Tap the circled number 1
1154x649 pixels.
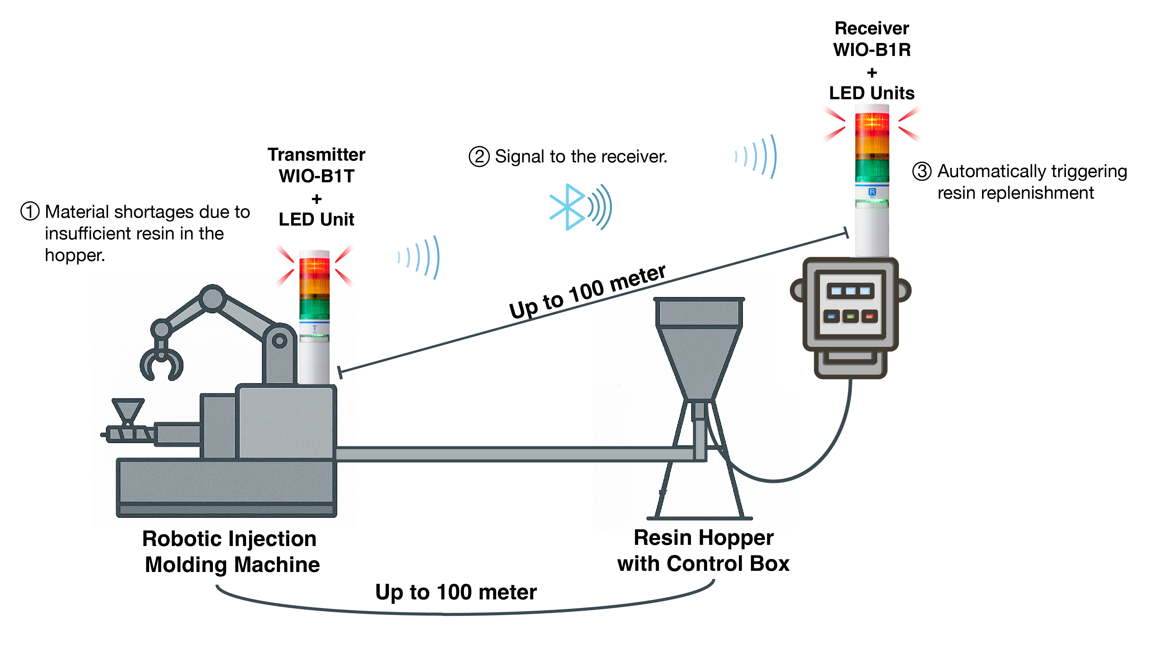(x=30, y=211)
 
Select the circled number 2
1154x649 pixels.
(x=479, y=157)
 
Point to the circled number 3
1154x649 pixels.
(x=921, y=172)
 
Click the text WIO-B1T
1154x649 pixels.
(x=316, y=176)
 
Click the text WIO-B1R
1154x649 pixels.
(x=872, y=49)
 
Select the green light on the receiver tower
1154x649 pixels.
(x=872, y=170)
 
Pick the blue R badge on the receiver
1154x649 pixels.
(x=872, y=192)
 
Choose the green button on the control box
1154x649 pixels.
(x=850, y=317)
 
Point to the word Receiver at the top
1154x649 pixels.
(x=872, y=28)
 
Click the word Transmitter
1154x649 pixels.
(x=316, y=155)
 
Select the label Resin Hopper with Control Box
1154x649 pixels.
(x=703, y=550)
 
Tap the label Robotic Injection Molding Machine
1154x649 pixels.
(x=231, y=551)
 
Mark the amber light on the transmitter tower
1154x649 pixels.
(x=314, y=287)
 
